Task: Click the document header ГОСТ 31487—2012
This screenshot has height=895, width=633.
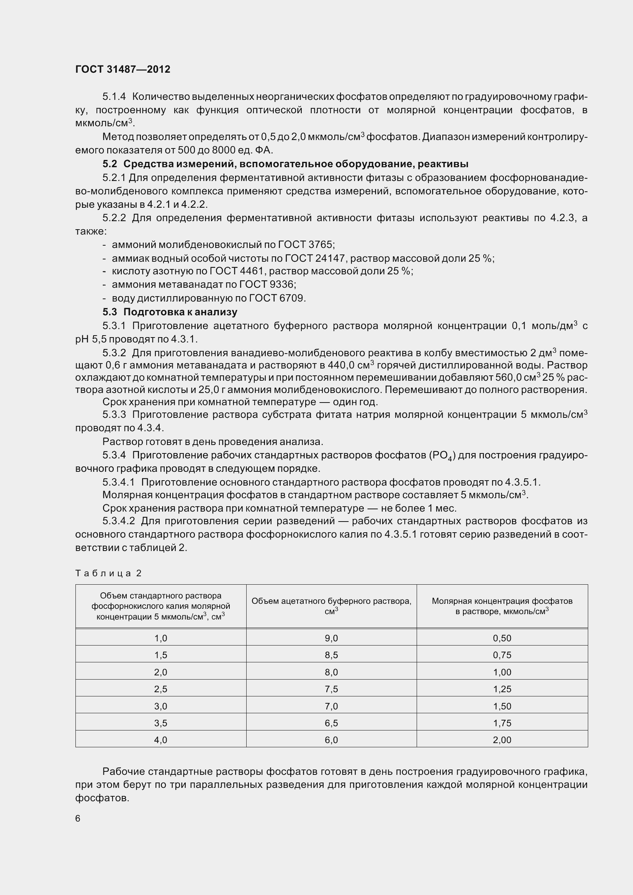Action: tap(123, 69)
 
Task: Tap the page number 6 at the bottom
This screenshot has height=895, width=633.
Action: tap(78, 818)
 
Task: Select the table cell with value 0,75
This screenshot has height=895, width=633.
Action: tap(502, 655)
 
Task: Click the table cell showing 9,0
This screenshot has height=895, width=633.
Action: tap(331, 638)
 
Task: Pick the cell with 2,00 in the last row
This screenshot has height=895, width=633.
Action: tap(502, 740)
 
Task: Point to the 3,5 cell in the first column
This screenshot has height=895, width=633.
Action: tap(161, 723)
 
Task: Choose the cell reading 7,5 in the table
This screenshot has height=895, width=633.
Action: tap(331, 689)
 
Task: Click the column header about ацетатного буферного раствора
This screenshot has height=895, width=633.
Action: tap(331, 606)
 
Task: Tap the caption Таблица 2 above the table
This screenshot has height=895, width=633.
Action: tap(108, 573)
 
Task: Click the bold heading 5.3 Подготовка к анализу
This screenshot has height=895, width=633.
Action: tap(170, 312)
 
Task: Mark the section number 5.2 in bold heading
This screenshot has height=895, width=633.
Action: tap(110, 164)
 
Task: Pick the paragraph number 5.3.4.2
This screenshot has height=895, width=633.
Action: tap(119, 521)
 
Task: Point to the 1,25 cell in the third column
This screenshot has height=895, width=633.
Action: tap(502, 689)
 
